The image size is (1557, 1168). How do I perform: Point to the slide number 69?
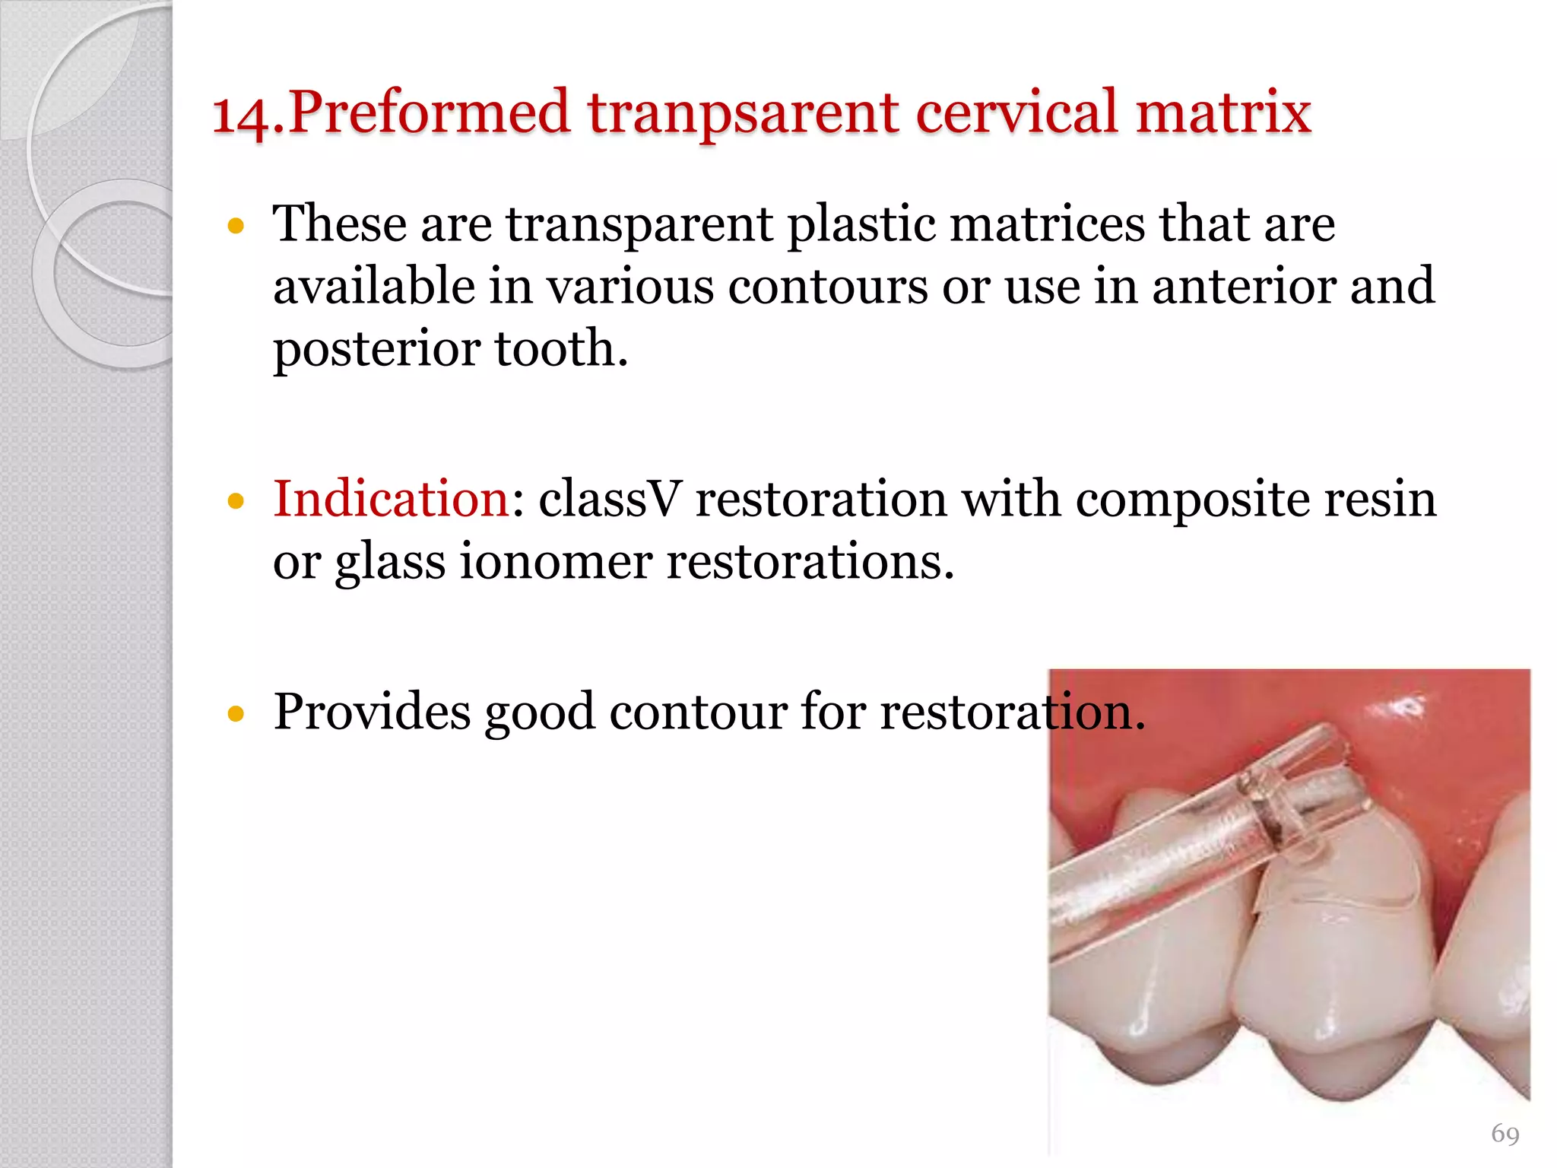click(1505, 1134)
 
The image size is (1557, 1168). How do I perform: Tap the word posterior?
click(376, 350)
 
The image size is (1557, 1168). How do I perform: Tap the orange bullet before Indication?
click(236, 501)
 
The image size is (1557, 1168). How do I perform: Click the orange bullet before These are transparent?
click(236, 227)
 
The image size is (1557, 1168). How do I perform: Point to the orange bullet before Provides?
click(236, 713)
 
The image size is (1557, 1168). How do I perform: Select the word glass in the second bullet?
click(390, 563)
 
